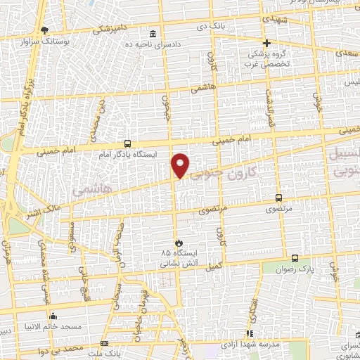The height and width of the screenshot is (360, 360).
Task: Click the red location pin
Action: click(x=181, y=165)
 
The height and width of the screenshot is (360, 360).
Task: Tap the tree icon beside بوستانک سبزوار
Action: click(x=46, y=30)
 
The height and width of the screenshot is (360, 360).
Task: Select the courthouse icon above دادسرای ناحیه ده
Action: click(x=153, y=34)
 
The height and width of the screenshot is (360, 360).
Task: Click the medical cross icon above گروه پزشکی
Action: click(x=266, y=43)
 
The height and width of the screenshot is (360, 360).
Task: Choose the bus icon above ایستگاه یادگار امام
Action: click(x=127, y=141)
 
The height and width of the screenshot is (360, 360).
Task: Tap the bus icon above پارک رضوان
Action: click(x=295, y=258)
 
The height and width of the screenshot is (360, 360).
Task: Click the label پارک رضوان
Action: click(x=295, y=269)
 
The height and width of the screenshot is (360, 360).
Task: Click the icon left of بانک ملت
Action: click(x=104, y=343)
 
